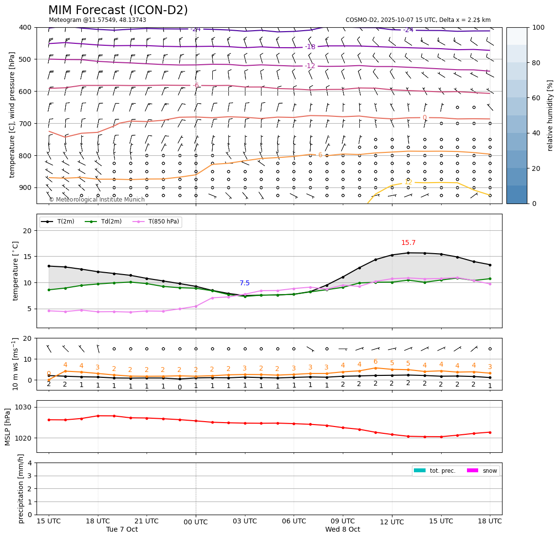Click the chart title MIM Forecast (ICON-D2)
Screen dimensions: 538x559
coord(118,10)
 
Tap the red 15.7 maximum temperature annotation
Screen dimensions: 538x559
coord(408,243)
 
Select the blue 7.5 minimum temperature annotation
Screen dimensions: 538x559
coord(244,283)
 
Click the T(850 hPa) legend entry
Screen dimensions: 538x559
coord(163,222)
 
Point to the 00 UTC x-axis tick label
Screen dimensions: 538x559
coord(196,522)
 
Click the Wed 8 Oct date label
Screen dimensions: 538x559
coord(343,530)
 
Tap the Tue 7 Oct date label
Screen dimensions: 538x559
coord(122,530)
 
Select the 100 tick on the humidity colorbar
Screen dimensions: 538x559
coord(538,27)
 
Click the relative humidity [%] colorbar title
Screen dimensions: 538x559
coord(550,115)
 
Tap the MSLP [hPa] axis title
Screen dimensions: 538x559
coord(8,427)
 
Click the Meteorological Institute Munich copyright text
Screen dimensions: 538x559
coord(96,200)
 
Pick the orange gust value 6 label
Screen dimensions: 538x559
coord(375,362)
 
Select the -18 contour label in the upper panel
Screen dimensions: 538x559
coord(310,47)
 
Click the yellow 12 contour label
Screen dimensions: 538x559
coord(408,182)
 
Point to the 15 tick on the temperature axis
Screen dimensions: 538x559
coord(28,257)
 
